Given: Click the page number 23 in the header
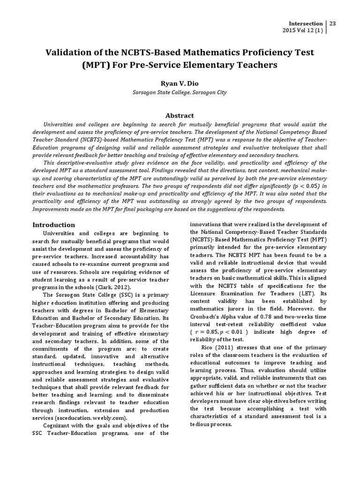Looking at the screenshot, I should coord(334,23).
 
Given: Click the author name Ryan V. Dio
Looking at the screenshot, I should coord(180,83).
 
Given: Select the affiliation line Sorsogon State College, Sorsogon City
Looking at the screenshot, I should coord(180,93).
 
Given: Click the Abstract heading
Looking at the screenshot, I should coord(180,115).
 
